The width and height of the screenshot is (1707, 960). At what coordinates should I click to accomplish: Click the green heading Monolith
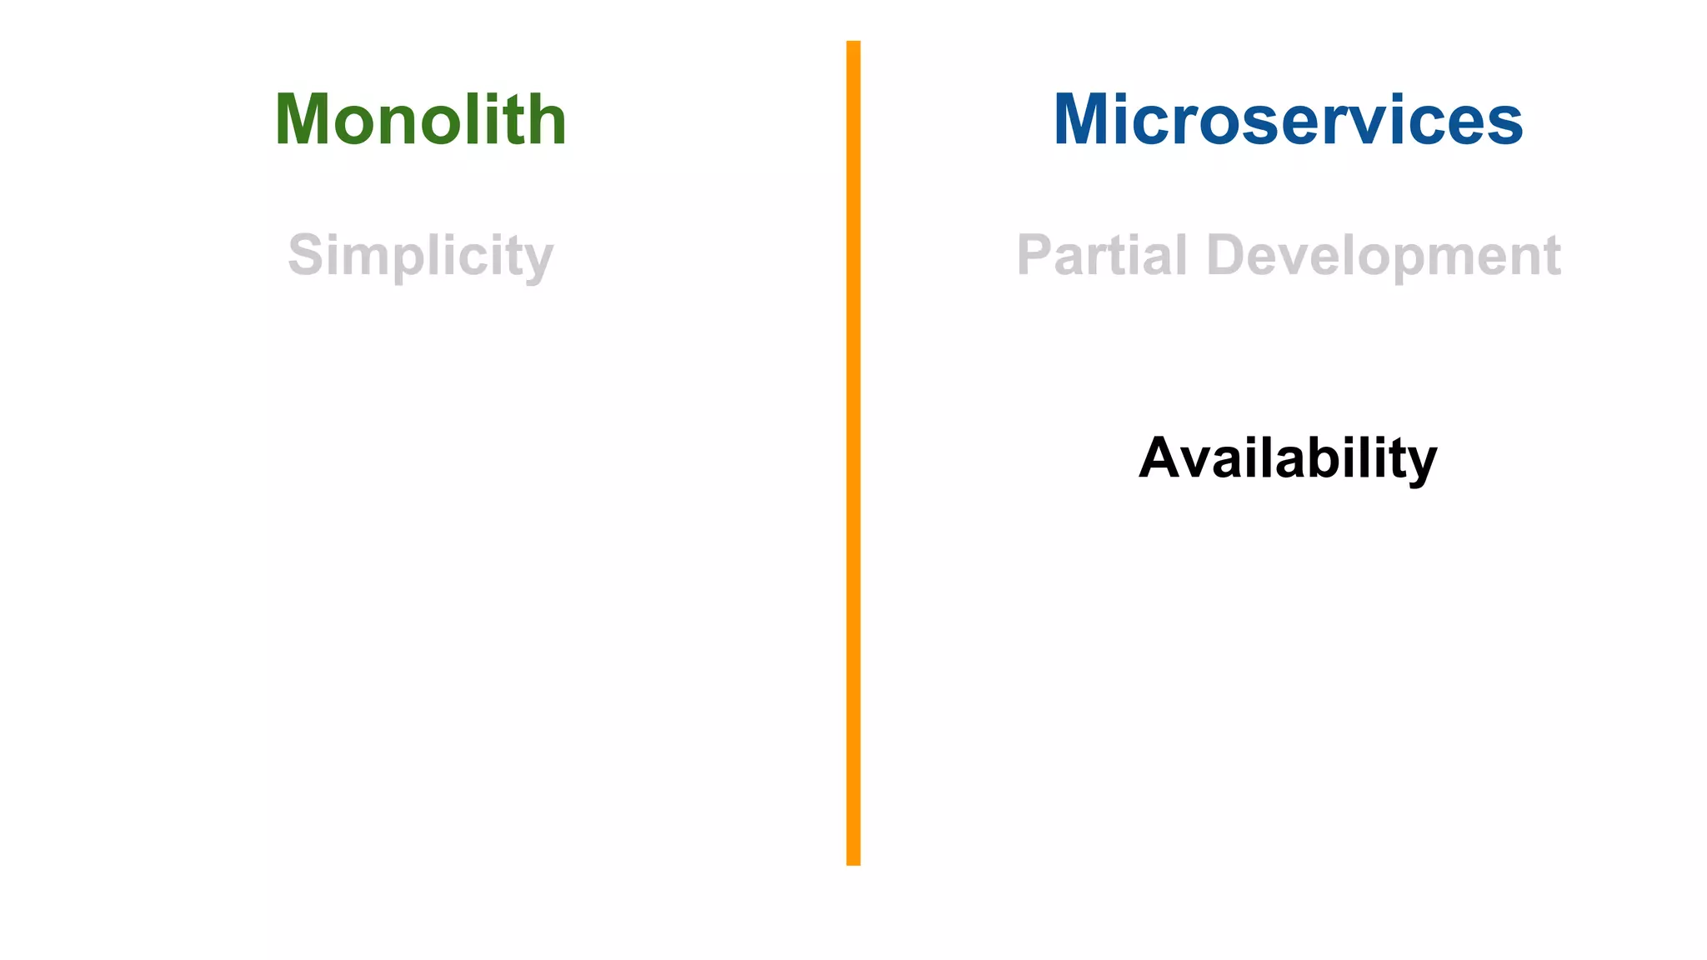(x=420, y=120)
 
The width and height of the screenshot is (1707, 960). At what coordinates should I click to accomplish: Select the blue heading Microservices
(x=1288, y=120)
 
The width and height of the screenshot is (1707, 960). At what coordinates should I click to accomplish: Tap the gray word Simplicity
(x=420, y=255)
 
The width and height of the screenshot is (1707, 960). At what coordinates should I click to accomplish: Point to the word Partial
(x=1101, y=254)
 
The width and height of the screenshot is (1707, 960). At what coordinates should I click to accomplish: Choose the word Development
(x=1383, y=255)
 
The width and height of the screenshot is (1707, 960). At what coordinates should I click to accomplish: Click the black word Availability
(x=1288, y=458)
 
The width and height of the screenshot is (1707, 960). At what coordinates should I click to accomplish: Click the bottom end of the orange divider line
(x=853, y=862)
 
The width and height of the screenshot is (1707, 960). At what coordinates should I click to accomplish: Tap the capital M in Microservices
(x=1084, y=120)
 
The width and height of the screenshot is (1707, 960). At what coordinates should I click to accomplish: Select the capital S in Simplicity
(x=306, y=255)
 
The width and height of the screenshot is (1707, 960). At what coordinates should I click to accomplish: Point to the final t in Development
(x=1551, y=256)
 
